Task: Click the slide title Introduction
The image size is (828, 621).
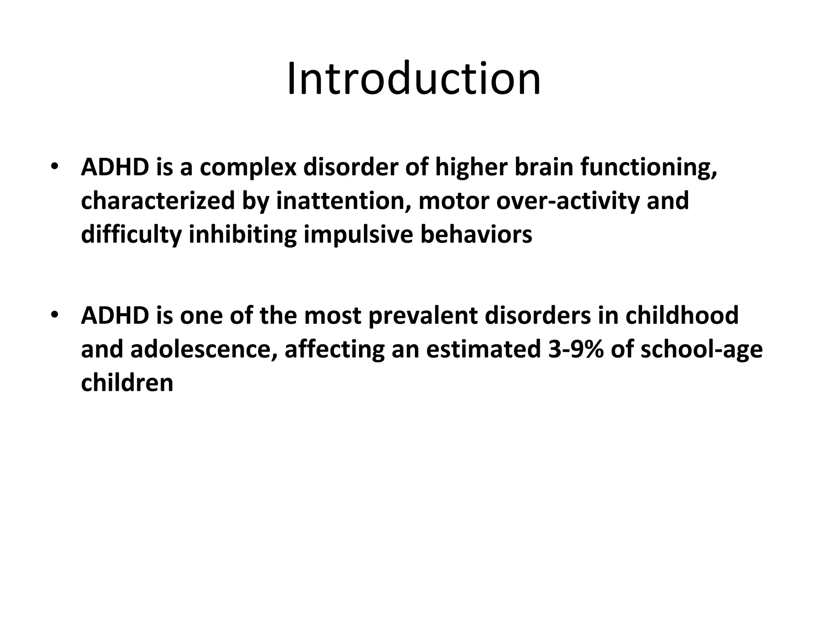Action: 414,78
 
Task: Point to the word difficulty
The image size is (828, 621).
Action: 131,234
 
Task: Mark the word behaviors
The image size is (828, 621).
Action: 476,234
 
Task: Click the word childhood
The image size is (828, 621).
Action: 682,315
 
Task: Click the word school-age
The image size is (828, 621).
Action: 701,349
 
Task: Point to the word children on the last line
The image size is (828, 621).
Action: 127,382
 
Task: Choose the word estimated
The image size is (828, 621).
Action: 483,349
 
